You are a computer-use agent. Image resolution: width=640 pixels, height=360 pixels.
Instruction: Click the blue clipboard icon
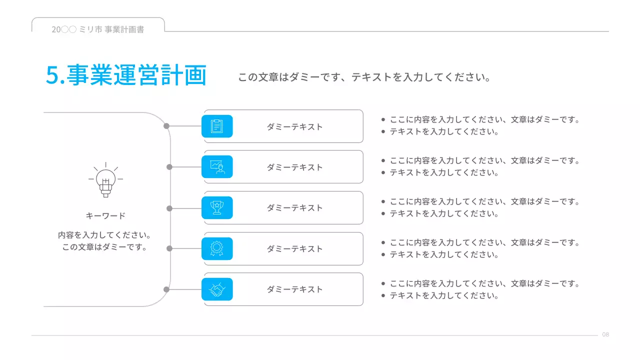click(x=217, y=126)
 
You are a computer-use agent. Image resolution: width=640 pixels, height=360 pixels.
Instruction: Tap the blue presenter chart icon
click(x=217, y=166)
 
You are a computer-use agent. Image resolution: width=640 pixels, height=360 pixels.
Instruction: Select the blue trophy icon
click(x=217, y=207)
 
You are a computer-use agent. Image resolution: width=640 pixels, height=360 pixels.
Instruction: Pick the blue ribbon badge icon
click(x=217, y=248)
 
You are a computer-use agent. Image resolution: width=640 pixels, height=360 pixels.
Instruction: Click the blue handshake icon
click(x=217, y=289)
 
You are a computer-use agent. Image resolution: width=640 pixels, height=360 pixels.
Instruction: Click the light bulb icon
click(x=105, y=179)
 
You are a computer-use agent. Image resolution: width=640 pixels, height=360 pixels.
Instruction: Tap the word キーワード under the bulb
click(x=105, y=216)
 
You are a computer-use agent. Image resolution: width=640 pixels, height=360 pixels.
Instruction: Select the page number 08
click(x=605, y=334)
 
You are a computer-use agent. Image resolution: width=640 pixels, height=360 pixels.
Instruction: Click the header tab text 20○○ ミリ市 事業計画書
click(x=98, y=29)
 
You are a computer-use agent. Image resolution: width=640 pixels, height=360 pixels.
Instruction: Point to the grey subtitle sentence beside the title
click(x=363, y=77)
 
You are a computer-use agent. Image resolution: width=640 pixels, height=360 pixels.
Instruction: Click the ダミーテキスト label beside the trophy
click(x=294, y=208)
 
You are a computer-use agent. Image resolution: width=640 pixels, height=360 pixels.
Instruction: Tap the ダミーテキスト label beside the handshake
click(x=294, y=289)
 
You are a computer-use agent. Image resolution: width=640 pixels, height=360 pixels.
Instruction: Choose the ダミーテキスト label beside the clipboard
click(x=294, y=127)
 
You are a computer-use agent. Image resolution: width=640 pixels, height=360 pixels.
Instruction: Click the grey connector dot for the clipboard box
click(x=166, y=126)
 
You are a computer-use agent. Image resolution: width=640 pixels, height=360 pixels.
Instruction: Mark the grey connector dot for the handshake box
click(x=166, y=289)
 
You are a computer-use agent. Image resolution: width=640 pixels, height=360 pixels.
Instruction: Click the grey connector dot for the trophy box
click(x=169, y=208)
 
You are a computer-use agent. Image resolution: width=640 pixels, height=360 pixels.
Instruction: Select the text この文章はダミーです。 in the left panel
click(x=105, y=247)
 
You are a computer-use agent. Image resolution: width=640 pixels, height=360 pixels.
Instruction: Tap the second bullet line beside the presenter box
click(x=444, y=172)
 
